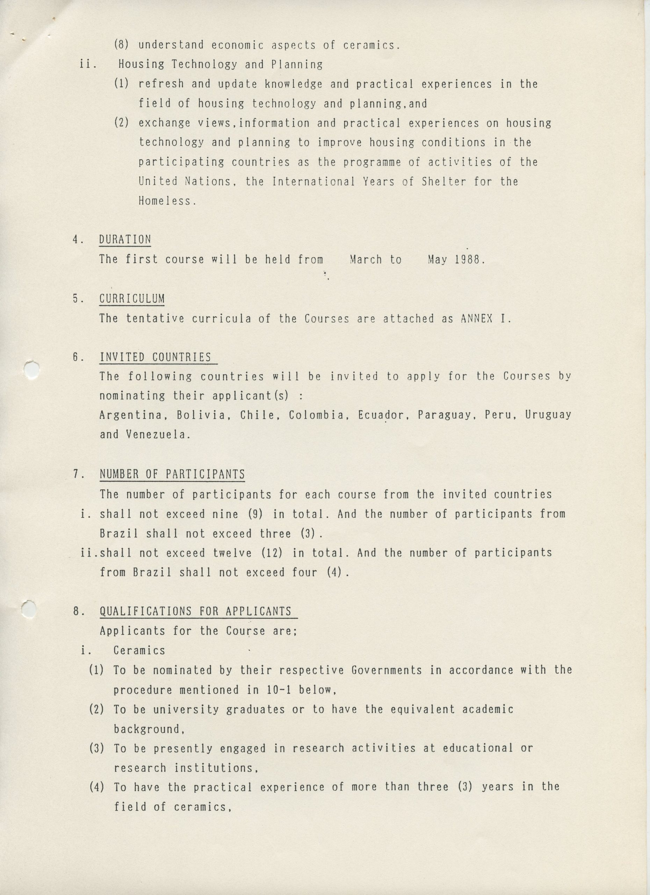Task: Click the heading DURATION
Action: [125, 239]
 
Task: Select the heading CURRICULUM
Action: [132, 299]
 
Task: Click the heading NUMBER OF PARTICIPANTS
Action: [172, 474]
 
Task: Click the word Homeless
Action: [166, 201]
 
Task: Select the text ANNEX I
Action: [485, 318]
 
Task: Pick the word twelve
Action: [232, 553]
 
